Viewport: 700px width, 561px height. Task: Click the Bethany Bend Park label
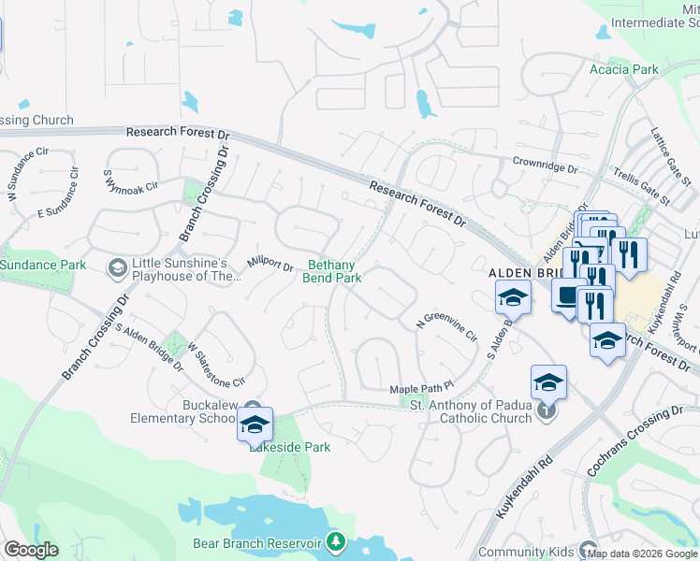click(332, 271)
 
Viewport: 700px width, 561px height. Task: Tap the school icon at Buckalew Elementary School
click(255, 424)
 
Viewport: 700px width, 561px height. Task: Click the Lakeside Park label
click(290, 447)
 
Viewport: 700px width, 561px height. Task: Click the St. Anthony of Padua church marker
click(547, 410)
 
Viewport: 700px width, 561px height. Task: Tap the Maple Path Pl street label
click(421, 387)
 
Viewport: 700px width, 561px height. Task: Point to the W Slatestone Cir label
click(215, 364)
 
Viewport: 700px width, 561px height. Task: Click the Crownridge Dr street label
click(546, 165)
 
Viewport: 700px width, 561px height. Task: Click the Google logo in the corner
click(31, 550)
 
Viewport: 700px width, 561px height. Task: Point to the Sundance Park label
click(43, 266)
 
